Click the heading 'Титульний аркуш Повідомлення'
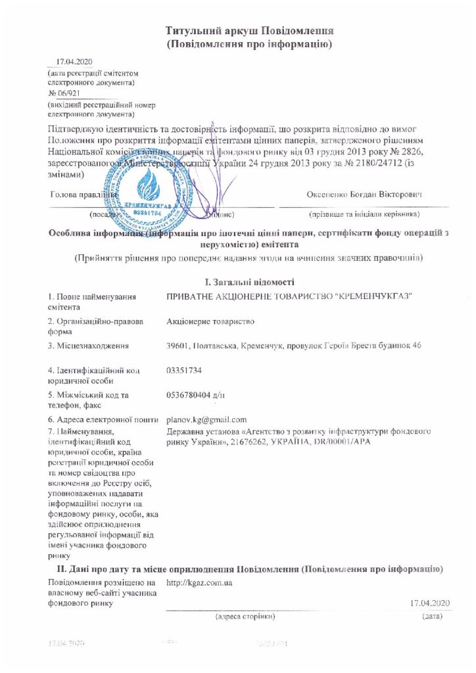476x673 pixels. coord(250,31)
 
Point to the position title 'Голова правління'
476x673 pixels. coord(84,195)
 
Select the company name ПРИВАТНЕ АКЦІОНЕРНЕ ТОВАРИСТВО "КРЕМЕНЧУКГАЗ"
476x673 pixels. coord(290,298)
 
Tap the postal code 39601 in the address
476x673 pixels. coord(179,346)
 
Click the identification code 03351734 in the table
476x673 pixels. coord(185,371)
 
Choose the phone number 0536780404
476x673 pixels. coord(191,394)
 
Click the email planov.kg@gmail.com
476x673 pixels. coord(206,419)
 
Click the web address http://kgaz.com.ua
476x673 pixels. coord(198,583)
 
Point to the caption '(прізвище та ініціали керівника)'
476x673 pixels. coord(364,214)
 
